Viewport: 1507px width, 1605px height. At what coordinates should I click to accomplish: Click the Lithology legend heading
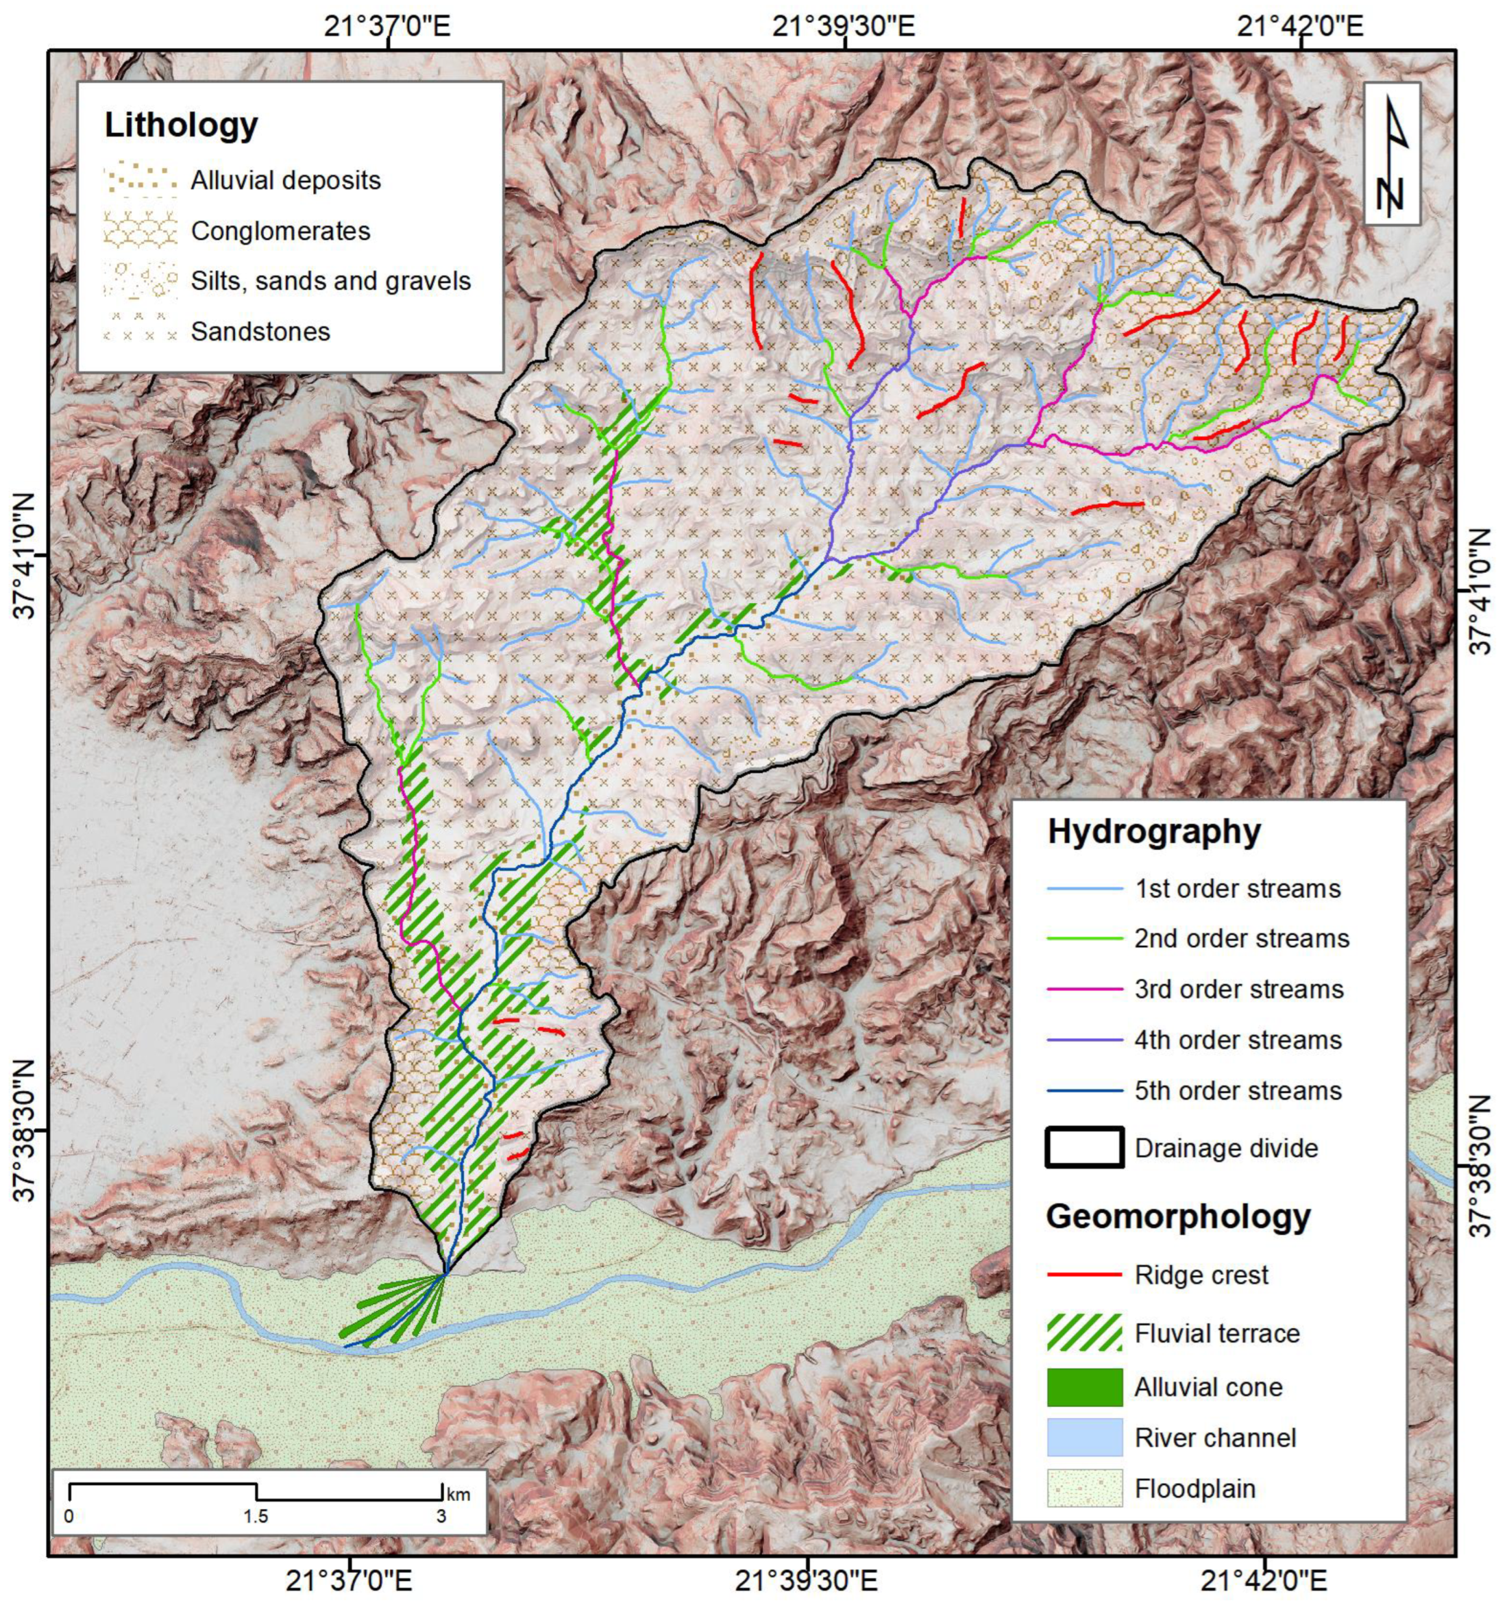click(x=181, y=125)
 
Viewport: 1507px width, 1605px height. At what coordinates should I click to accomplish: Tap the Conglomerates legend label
click(x=280, y=232)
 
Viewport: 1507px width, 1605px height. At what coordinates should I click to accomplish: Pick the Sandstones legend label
click(x=260, y=332)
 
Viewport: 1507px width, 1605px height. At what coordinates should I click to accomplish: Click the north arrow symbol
click(x=1392, y=154)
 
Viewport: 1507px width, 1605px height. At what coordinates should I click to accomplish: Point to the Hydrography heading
click(x=1153, y=831)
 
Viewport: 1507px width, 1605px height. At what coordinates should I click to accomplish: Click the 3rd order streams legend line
click(x=1084, y=990)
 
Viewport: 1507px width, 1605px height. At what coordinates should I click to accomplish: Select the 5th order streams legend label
click(x=1238, y=1092)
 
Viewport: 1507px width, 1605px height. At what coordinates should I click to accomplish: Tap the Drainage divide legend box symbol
click(x=1084, y=1148)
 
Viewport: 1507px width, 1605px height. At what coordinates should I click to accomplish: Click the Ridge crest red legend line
click(x=1084, y=1275)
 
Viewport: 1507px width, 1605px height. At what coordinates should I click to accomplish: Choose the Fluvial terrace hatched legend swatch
click(x=1084, y=1333)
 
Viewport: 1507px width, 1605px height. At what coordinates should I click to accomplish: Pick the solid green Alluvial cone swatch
click(x=1084, y=1387)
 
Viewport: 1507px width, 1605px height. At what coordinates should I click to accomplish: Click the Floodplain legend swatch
click(x=1084, y=1488)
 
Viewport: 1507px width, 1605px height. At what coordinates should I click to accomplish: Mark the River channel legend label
click(x=1215, y=1438)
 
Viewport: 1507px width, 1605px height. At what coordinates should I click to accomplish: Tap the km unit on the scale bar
click(x=458, y=1495)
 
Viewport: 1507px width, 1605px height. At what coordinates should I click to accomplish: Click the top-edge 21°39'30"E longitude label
click(x=844, y=27)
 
